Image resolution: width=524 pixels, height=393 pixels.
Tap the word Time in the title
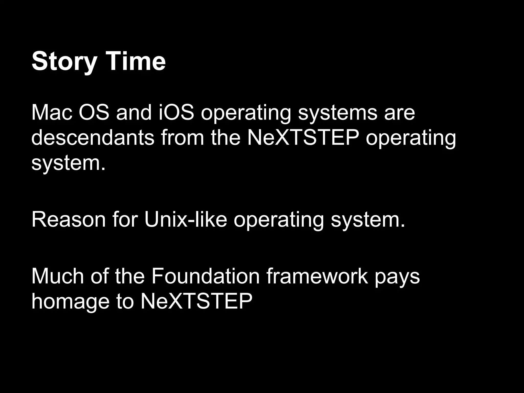[136, 61]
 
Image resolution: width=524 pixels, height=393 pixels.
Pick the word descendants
[93, 138]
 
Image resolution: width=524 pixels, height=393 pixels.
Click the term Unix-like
[185, 220]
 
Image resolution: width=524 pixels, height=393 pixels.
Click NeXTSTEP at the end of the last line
[196, 301]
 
